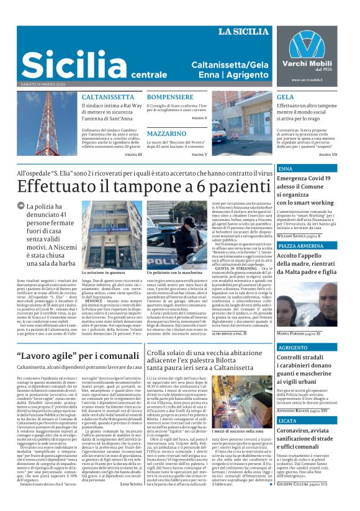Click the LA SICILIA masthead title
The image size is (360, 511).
243,31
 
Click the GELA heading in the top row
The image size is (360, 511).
286,97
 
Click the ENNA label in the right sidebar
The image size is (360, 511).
286,169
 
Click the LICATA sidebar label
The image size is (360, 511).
289,420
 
